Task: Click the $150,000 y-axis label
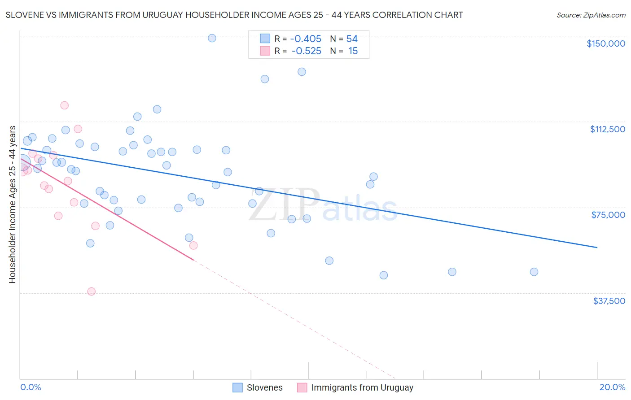pos(605,43)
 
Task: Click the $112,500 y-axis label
pos(607,129)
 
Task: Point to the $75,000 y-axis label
pos(608,215)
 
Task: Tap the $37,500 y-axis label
pos(609,301)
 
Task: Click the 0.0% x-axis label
pos(31,387)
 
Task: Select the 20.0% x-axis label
pos(612,387)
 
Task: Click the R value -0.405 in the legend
pos(306,39)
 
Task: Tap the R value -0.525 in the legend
pos(306,51)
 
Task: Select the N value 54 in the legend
pos(352,39)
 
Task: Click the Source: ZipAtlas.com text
pos(591,15)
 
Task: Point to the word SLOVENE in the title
pos(24,15)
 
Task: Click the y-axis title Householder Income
pos(12,204)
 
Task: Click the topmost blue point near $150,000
pos(212,38)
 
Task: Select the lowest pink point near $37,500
pos(92,291)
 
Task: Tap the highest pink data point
pos(64,105)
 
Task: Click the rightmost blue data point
pos(534,272)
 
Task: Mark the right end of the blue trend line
pos(597,247)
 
